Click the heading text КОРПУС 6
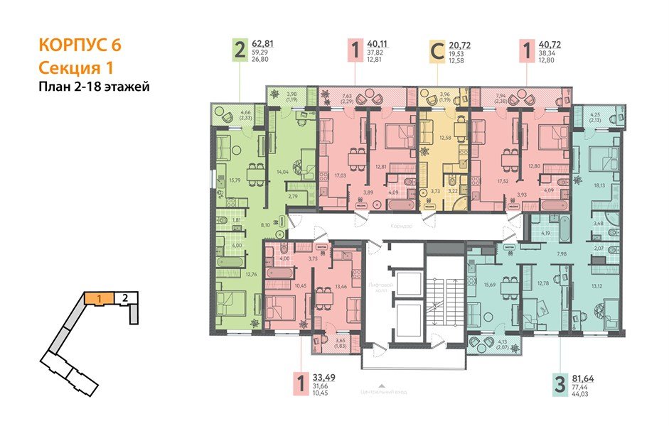point(79,45)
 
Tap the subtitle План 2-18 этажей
point(93,87)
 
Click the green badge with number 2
point(241,50)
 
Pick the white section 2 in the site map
point(125,298)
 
